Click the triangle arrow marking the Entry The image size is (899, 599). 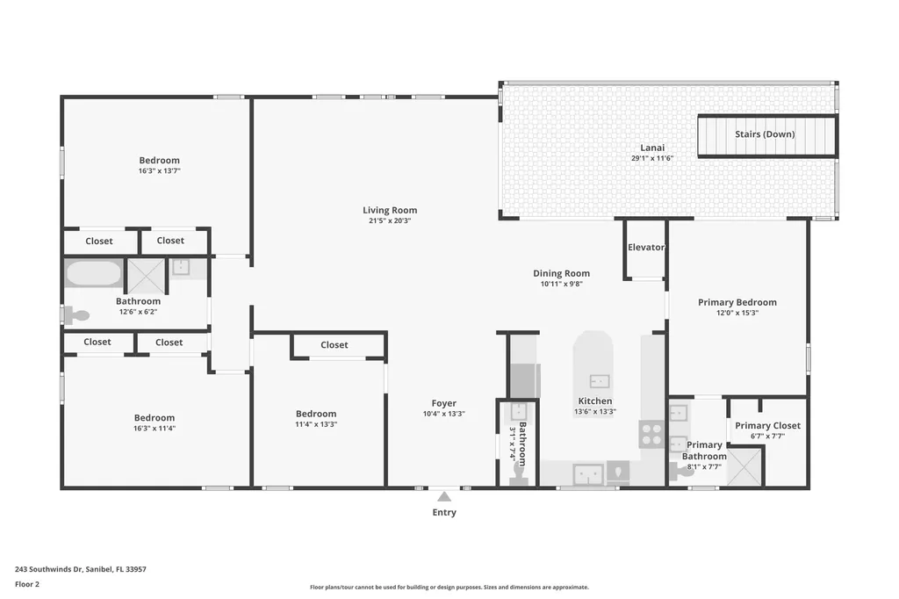pos(444,497)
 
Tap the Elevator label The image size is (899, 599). pos(645,248)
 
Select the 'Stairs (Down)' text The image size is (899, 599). pos(765,134)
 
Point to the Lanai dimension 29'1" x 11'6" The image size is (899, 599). pos(651,159)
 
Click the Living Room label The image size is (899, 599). pos(390,210)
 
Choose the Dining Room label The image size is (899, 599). pos(561,273)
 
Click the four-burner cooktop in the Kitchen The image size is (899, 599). pos(651,434)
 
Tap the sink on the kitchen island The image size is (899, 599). pos(600,381)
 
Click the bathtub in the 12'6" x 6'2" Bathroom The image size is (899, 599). pos(93,273)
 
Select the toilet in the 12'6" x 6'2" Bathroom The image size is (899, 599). pos(76,315)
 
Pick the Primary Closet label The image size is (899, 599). pos(767,426)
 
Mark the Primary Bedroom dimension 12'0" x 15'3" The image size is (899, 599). pos(737,313)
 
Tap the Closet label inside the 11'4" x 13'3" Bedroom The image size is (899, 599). pos(334,345)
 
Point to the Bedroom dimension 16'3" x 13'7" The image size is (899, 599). pos(159,171)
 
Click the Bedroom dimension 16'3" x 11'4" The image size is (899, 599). pos(154,429)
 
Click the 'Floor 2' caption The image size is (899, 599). pos(27,584)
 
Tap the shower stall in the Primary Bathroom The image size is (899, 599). pos(745,466)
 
